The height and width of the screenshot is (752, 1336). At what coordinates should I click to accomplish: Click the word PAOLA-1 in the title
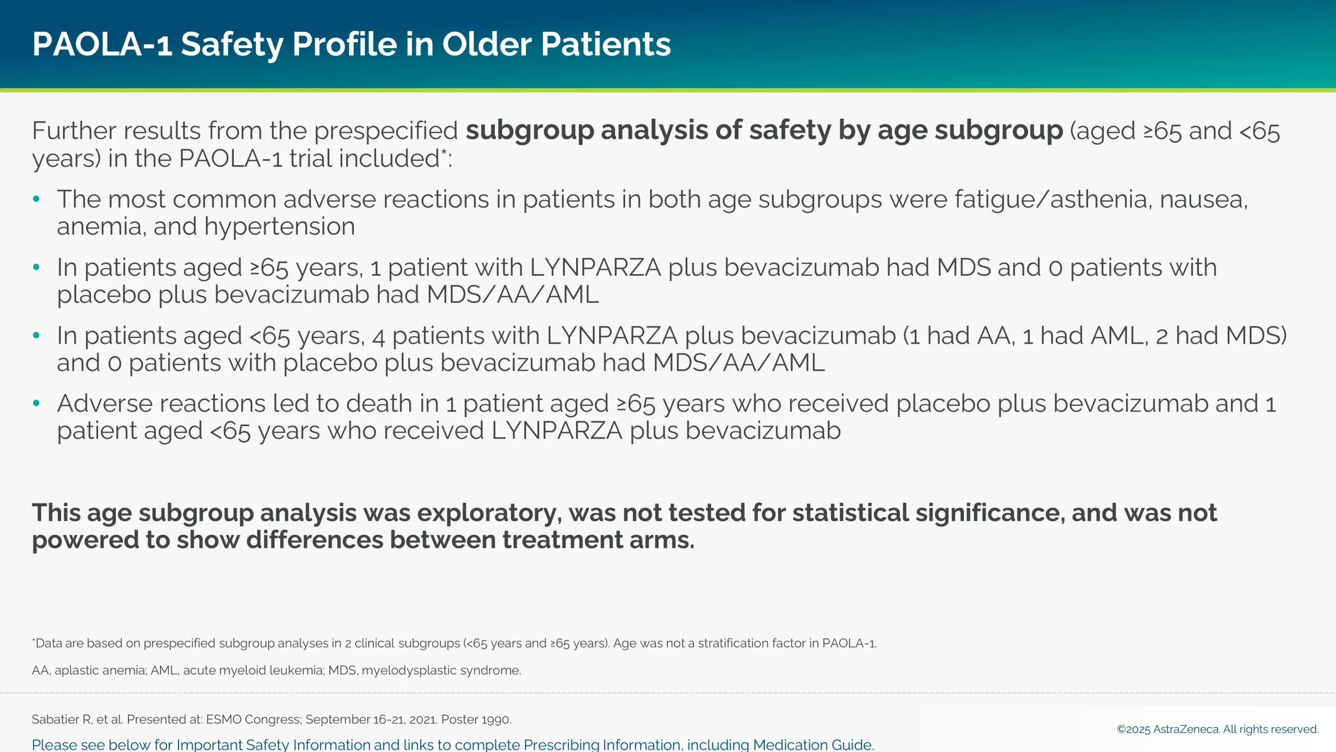[x=102, y=44]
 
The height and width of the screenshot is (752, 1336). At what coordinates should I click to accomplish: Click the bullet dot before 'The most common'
[x=36, y=199]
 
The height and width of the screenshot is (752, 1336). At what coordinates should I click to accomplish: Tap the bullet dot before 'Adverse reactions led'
[x=36, y=403]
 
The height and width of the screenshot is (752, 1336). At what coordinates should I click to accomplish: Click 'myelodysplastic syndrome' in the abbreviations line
[x=441, y=671]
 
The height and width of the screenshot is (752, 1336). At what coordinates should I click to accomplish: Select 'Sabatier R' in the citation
[x=62, y=720]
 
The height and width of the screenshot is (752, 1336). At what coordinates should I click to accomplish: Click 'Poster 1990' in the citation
[x=475, y=720]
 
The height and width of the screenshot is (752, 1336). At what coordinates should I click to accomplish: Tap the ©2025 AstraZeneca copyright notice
[x=1217, y=730]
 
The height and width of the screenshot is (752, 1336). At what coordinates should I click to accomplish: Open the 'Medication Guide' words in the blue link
[x=812, y=745]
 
